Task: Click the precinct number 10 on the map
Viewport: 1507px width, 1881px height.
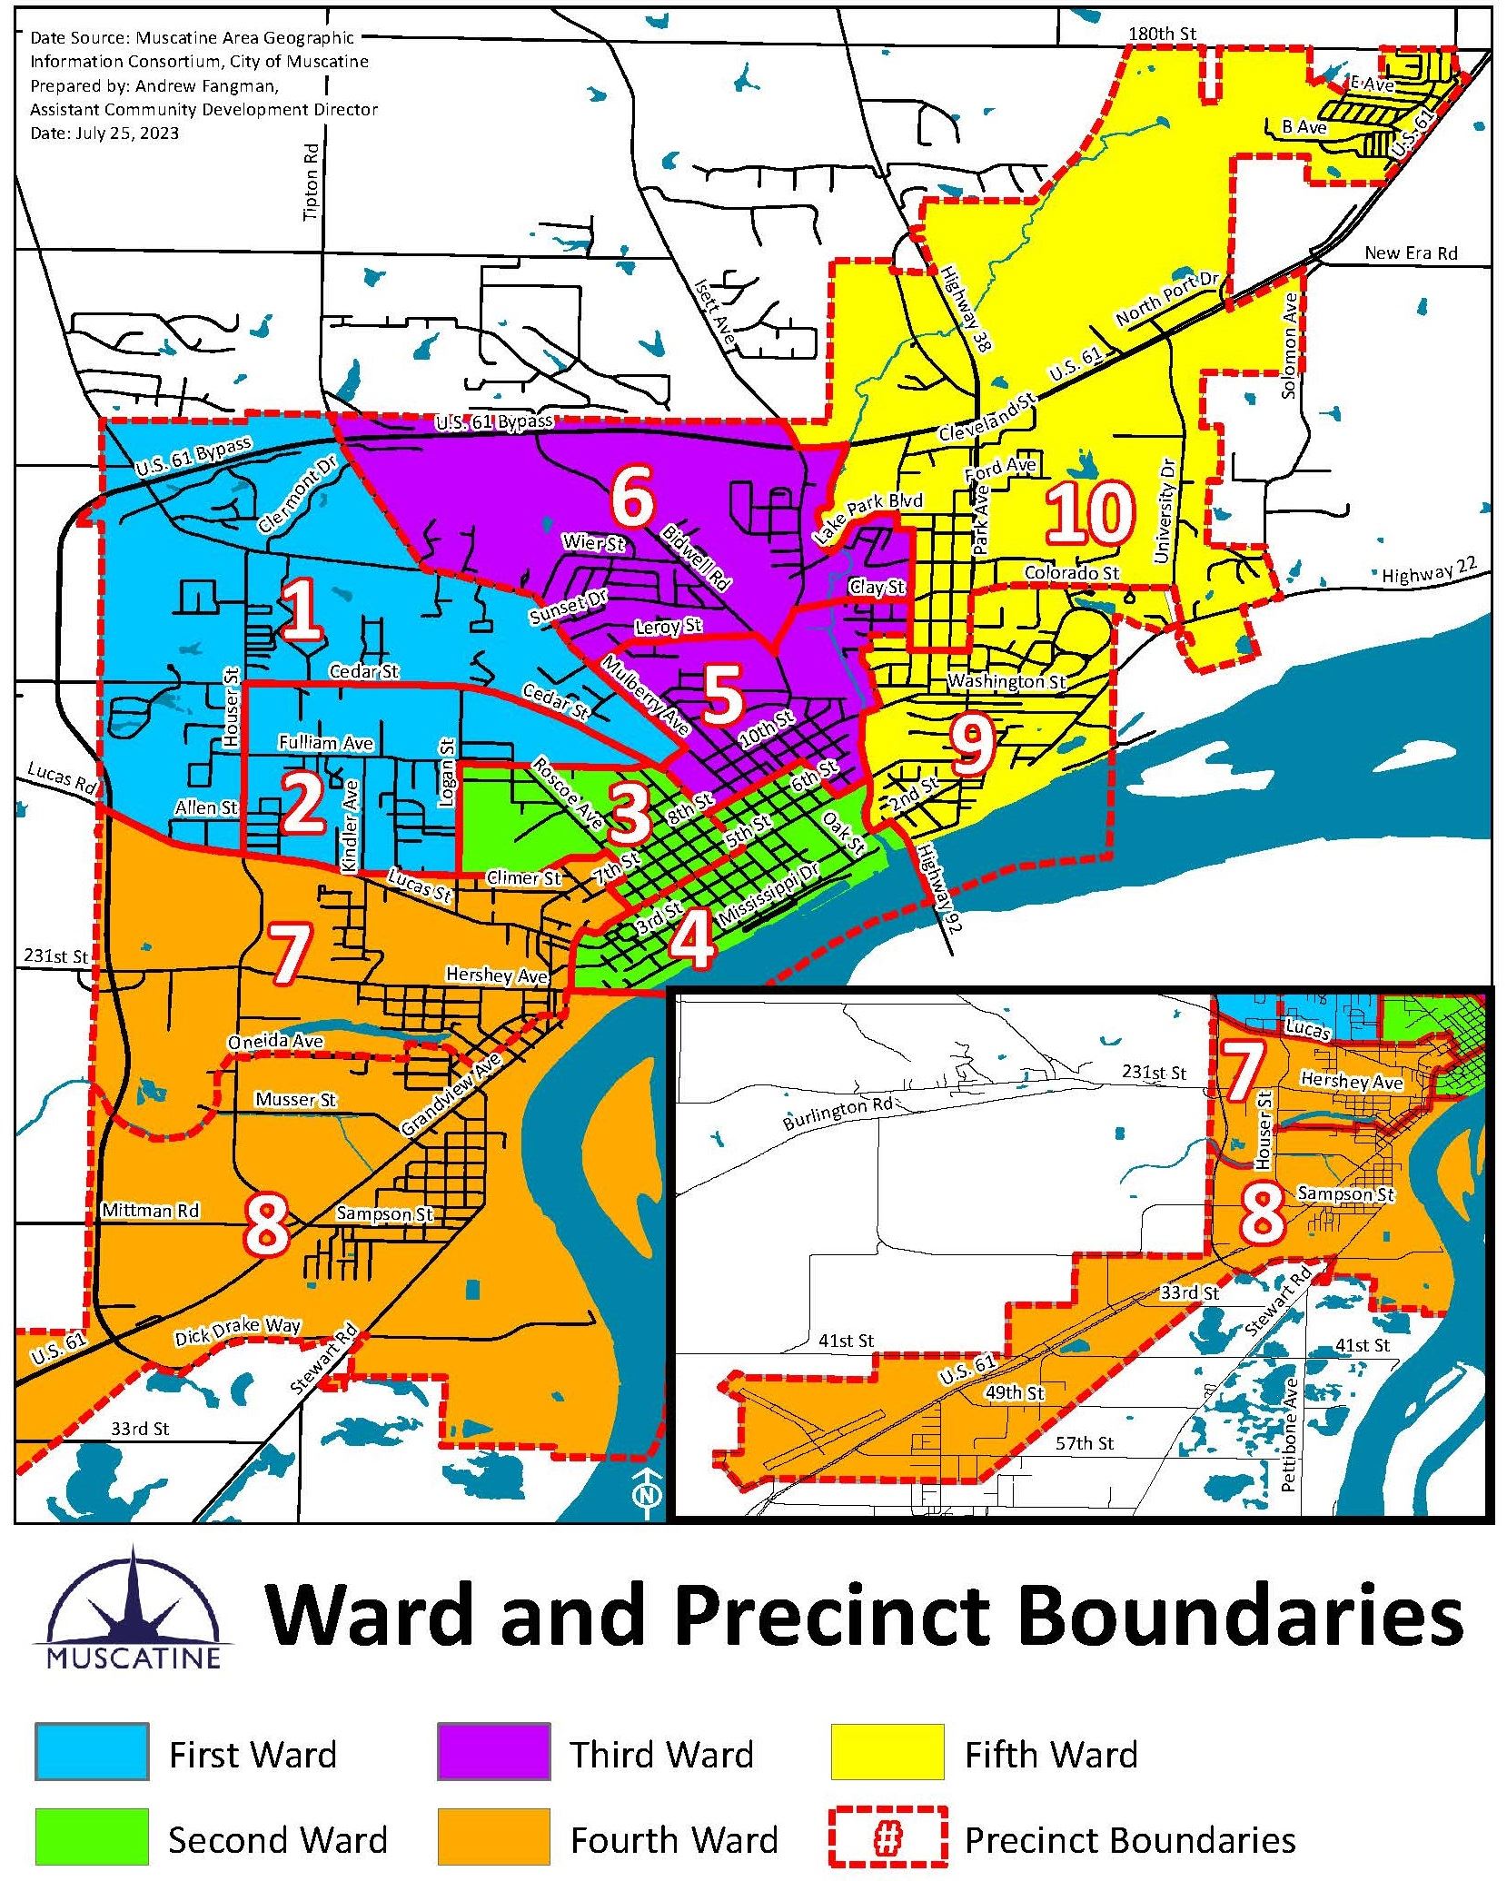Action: [1090, 514]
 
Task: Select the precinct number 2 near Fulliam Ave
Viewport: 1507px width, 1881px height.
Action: [302, 804]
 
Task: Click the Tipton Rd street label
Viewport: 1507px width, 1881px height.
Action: [312, 182]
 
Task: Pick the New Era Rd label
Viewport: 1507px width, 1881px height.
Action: [1410, 253]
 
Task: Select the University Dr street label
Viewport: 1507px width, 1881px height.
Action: [1165, 510]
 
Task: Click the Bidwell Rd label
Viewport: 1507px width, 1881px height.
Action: [696, 558]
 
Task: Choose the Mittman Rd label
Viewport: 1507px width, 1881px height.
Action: [150, 1211]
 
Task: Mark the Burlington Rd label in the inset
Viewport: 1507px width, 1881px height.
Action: [838, 1114]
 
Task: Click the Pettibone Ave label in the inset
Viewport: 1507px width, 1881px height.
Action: [1289, 1435]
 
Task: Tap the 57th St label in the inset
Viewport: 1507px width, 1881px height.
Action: [1085, 1443]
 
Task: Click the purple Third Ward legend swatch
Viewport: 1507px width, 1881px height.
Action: [493, 1750]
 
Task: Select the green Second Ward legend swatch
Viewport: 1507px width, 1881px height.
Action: [92, 1836]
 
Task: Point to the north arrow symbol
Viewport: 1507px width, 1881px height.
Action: [647, 1494]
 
